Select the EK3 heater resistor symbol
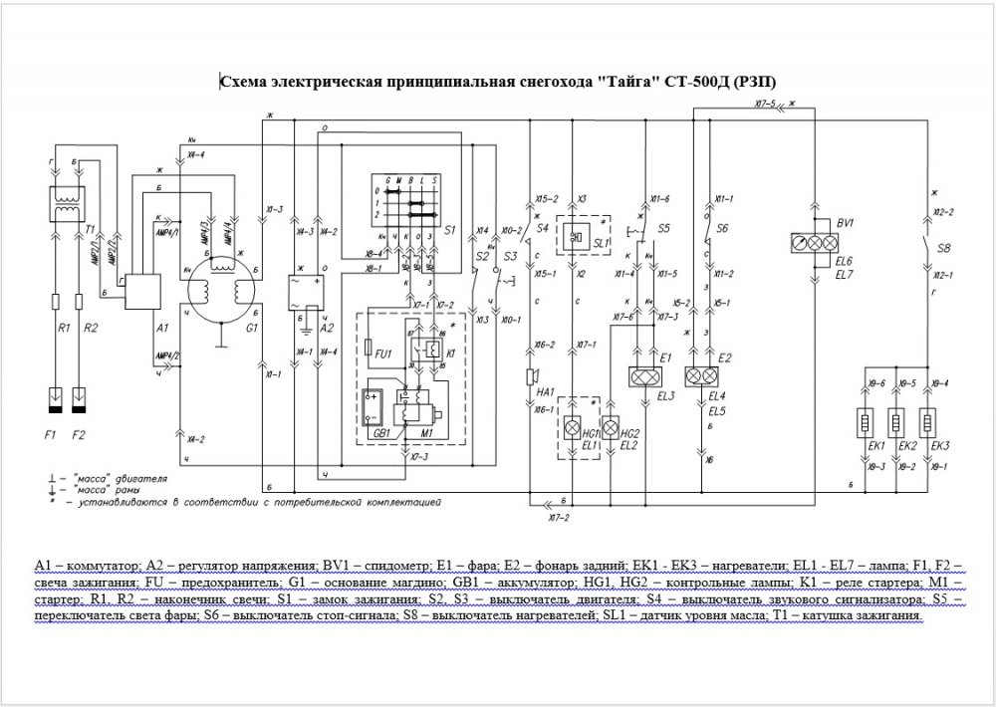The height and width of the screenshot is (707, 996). (928, 420)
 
